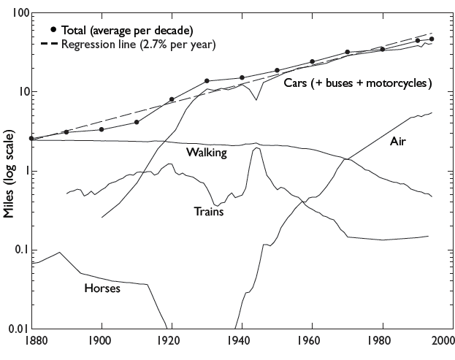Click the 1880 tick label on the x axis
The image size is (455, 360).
pos(31,341)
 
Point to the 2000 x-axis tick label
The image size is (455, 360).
pos(442,341)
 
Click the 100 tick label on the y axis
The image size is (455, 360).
pos(17,14)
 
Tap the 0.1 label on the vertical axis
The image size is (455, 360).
pos(18,250)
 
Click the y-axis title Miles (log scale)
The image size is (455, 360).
pos(9,175)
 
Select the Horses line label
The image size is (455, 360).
pos(102,288)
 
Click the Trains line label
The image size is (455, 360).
pos(209,212)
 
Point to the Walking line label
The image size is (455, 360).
pos(207,153)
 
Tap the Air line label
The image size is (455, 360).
pos(398,141)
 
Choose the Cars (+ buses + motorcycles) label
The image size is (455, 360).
pos(358,83)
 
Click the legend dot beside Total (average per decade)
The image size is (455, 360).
pos(53,29)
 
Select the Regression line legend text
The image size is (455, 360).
pos(139,44)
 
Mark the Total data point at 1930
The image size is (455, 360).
pos(207,81)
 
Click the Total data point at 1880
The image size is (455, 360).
pos(31,138)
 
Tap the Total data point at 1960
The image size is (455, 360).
pos(312,62)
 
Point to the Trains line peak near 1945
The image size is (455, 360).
pos(256,148)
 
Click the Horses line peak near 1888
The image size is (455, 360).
pos(59,253)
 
